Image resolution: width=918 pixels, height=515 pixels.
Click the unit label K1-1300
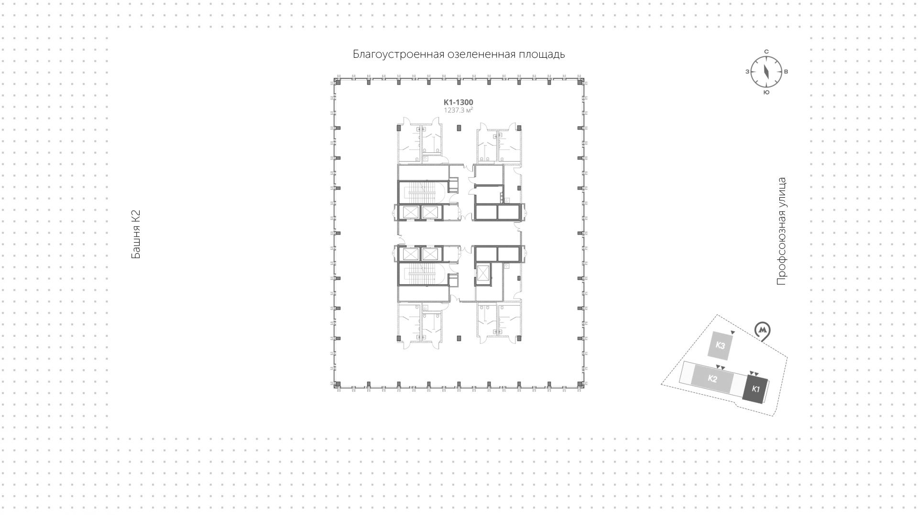click(x=458, y=102)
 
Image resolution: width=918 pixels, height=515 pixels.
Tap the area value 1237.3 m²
click(x=458, y=110)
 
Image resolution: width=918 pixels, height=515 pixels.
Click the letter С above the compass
click(x=766, y=52)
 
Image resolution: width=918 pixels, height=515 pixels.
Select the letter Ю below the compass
click(x=766, y=92)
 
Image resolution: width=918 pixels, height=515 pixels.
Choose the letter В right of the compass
click(x=786, y=72)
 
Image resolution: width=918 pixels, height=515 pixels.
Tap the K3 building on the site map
click(x=720, y=345)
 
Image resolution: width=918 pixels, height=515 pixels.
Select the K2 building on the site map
click(x=712, y=379)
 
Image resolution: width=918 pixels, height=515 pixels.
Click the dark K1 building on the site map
click(x=755, y=389)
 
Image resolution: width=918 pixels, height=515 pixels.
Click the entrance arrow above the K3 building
click(x=732, y=332)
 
